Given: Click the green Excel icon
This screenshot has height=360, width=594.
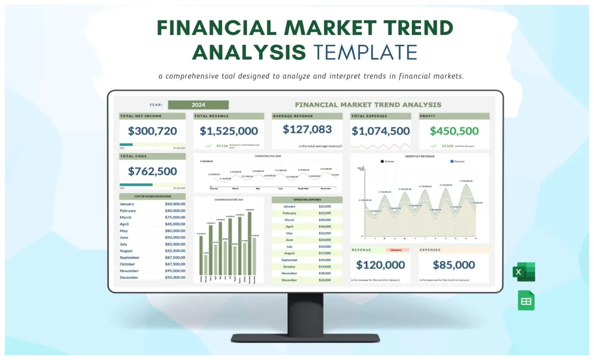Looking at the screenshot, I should click(x=523, y=271).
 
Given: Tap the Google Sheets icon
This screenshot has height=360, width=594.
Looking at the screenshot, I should click(x=526, y=300).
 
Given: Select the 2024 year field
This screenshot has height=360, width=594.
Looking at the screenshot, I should click(x=198, y=105).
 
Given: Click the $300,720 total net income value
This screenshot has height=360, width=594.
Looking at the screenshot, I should click(x=152, y=131).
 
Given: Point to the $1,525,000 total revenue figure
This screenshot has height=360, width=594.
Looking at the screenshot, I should click(x=229, y=131).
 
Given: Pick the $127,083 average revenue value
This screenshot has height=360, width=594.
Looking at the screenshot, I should click(x=307, y=129).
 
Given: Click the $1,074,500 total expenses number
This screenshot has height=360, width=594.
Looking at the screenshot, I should click(x=381, y=131).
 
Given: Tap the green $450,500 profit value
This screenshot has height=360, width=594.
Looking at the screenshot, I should click(x=454, y=131).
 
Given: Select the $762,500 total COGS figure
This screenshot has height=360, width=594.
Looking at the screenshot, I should click(x=152, y=171).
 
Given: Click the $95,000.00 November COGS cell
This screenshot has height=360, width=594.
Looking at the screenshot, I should click(x=175, y=271).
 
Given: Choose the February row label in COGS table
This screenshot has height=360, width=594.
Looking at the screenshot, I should click(x=128, y=211).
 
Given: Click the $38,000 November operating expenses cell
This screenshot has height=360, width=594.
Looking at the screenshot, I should click(x=325, y=273).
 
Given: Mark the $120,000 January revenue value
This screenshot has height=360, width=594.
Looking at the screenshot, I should click(x=380, y=265).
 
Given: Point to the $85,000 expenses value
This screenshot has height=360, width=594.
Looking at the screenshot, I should click(x=454, y=265).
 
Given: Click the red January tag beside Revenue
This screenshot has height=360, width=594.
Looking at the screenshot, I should click(x=396, y=250).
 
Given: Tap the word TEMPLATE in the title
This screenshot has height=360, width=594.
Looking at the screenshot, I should click(x=365, y=52).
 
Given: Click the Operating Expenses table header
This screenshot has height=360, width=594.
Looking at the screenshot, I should click(x=307, y=200).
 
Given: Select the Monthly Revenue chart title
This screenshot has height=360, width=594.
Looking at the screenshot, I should click(x=420, y=156).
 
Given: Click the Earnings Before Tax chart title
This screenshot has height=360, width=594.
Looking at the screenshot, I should click(x=228, y=199).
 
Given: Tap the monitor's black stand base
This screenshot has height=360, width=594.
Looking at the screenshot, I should click(x=305, y=337).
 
